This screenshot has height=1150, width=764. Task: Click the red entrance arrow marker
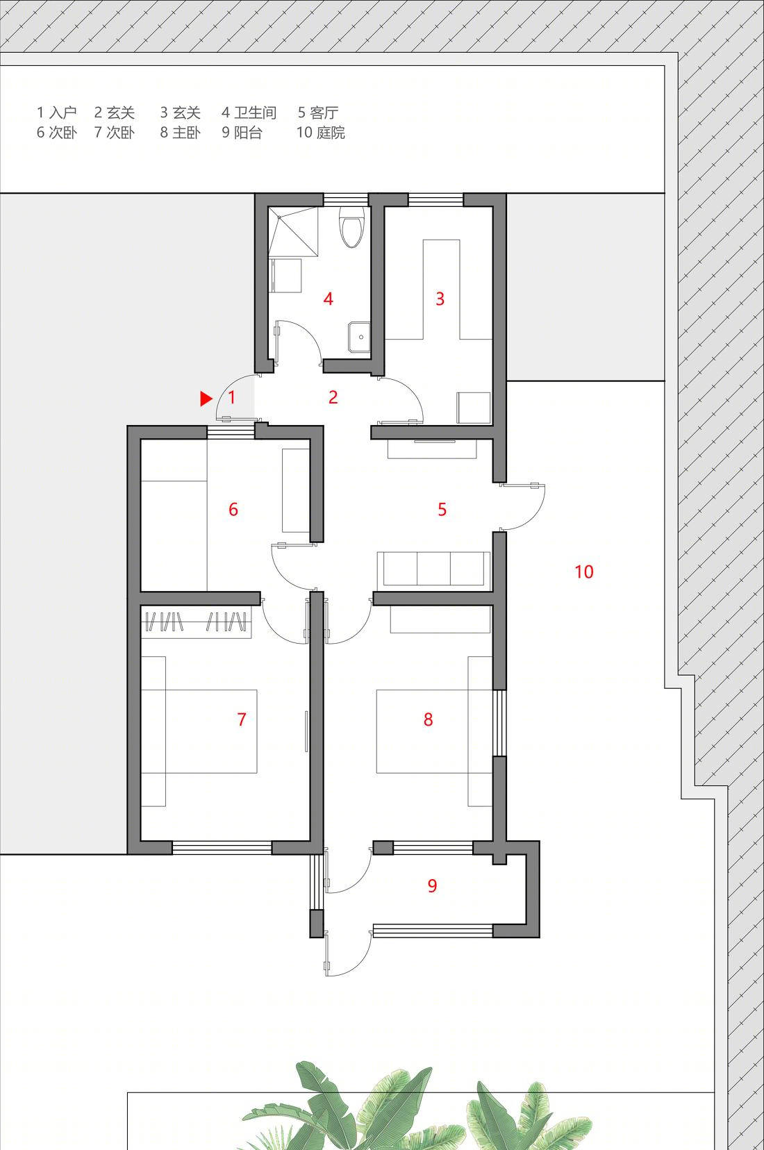click(x=206, y=399)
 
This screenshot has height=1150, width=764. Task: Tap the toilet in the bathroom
click(x=351, y=226)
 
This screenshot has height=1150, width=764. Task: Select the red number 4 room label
click(x=329, y=299)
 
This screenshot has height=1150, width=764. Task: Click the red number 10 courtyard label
click(x=584, y=572)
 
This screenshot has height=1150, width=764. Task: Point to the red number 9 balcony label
click(x=432, y=885)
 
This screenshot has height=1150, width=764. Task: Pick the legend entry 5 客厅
click(x=318, y=112)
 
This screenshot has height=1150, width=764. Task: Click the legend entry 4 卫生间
click(x=249, y=112)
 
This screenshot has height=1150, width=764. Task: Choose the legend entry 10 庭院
click(x=320, y=133)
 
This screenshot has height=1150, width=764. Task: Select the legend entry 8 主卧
click(x=180, y=133)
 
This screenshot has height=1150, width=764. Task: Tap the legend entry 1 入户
click(x=56, y=112)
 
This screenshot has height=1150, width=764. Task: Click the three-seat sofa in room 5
click(x=434, y=569)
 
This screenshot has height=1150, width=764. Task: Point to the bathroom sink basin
click(x=359, y=337)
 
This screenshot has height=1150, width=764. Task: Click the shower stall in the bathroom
click(x=293, y=231)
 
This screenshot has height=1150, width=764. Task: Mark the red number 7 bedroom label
click(x=242, y=719)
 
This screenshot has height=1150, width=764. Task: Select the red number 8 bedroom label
click(x=429, y=719)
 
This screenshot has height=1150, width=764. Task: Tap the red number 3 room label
click(x=440, y=299)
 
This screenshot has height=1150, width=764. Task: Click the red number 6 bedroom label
click(x=233, y=509)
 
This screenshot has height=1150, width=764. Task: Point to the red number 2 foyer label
click(x=333, y=397)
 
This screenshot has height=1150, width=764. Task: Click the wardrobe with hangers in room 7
click(x=196, y=622)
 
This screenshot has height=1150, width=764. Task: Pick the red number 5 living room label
click(x=442, y=509)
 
